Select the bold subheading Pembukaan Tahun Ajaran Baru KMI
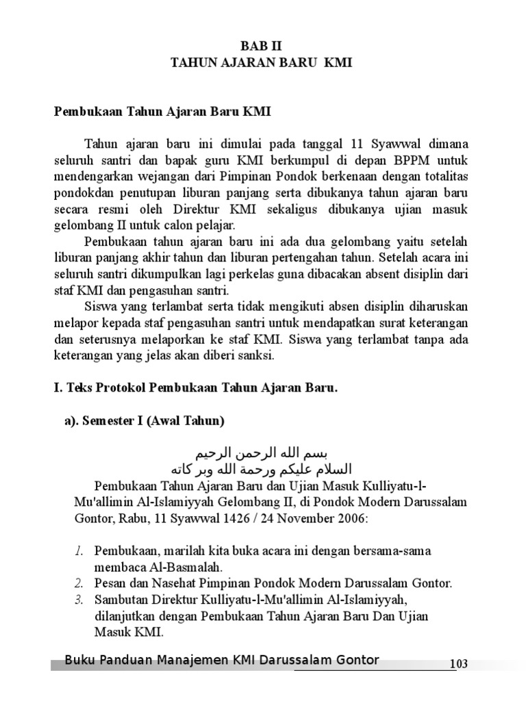(163, 112)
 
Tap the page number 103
(458, 664)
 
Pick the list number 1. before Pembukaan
(79, 550)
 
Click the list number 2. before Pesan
(79, 583)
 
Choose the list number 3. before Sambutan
(79, 600)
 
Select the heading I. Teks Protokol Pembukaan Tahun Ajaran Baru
(197, 388)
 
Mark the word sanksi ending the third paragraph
(255, 356)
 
